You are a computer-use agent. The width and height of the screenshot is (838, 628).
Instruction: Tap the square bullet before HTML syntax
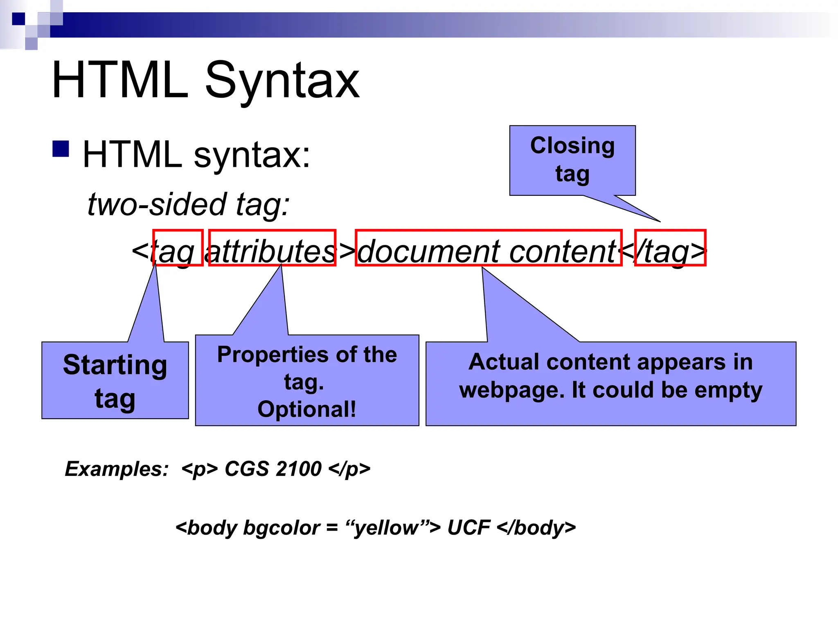point(61,149)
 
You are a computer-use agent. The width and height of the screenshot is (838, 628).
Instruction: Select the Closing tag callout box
point(572,160)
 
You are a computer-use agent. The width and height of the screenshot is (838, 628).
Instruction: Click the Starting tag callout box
point(115,380)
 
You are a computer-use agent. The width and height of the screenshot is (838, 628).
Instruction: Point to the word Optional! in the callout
point(307,409)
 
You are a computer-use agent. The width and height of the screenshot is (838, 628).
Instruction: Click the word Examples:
point(117,469)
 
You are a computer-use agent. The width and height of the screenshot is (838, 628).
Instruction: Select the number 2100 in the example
point(298,469)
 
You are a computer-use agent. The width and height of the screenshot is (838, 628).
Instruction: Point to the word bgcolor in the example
point(282,528)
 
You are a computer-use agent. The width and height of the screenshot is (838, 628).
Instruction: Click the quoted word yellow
point(387,528)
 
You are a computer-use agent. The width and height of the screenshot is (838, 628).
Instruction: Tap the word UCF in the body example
point(469,528)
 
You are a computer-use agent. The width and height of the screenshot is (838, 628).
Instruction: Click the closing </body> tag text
point(536,528)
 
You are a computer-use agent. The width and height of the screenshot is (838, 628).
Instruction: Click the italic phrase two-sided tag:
point(189,204)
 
